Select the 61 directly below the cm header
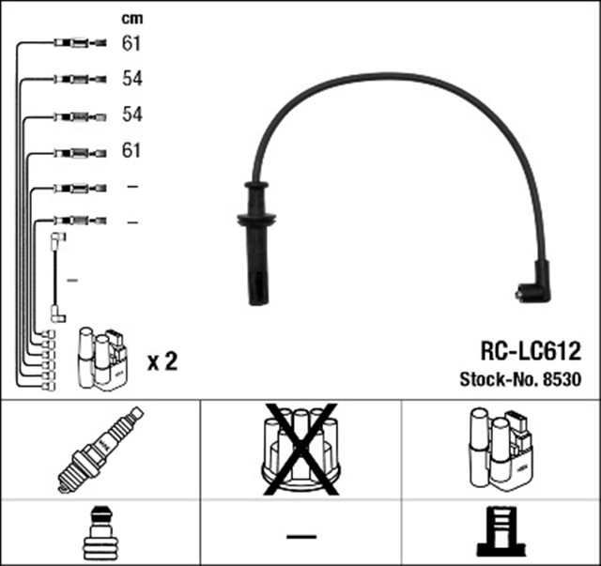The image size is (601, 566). (x=131, y=42)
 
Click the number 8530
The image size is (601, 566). (x=562, y=380)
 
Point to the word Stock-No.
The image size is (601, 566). (x=499, y=380)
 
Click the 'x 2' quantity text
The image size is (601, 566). (x=162, y=360)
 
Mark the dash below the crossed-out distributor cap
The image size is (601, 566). (x=300, y=536)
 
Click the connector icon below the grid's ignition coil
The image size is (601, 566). (x=500, y=534)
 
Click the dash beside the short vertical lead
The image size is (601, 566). (x=71, y=280)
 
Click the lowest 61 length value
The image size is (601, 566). (x=131, y=150)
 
